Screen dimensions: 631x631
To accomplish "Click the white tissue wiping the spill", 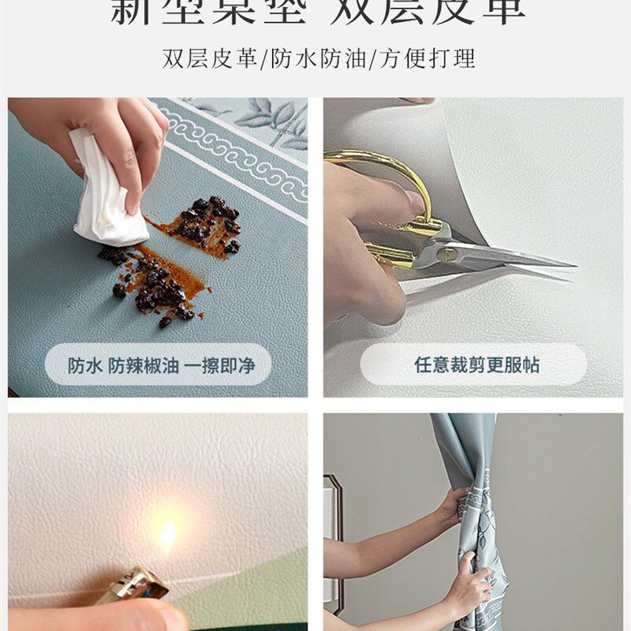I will coord(106,193).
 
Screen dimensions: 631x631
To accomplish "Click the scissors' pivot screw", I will coord(448,254).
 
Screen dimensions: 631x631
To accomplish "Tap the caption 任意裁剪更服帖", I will coord(476,364).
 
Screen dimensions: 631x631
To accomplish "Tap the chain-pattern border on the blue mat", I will coord(237,158).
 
